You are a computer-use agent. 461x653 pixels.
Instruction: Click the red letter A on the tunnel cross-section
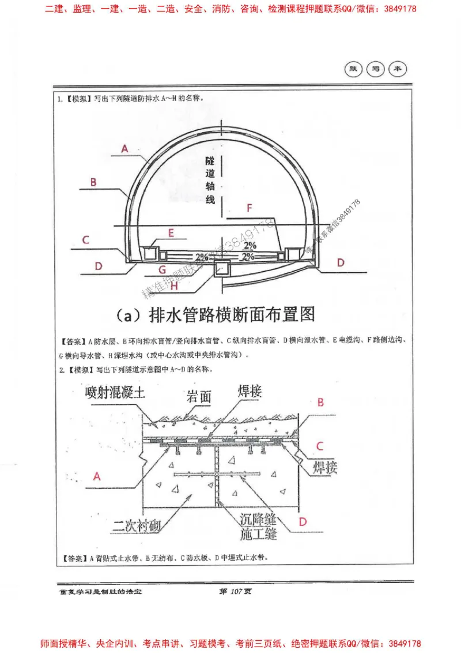pyautogui.click(x=124, y=148)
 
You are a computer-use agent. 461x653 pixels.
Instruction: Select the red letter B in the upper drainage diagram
pyautogui.click(x=93, y=182)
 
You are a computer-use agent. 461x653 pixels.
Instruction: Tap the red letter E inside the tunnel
pyautogui.click(x=171, y=232)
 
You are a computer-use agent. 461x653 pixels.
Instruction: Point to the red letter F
pyautogui.click(x=249, y=209)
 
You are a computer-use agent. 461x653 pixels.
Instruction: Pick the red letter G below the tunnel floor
pyautogui.click(x=162, y=269)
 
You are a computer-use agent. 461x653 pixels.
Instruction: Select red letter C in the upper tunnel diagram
pyautogui.click(x=85, y=239)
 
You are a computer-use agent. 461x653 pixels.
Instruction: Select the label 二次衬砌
pyautogui.click(x=138, y=526)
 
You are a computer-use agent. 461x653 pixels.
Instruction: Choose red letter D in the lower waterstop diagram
pyautogui.click(x=303, y=521)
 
